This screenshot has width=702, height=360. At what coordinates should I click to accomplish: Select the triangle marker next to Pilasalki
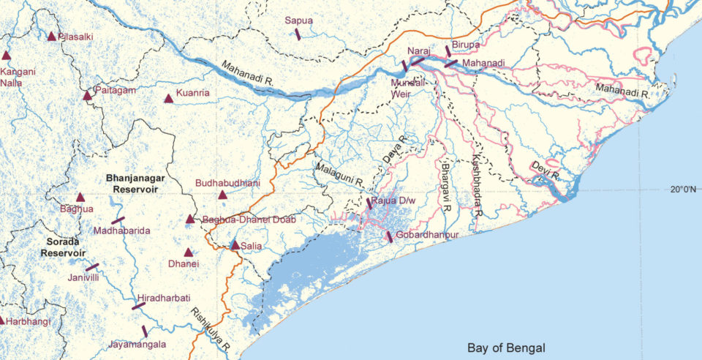pyautogui.click(x=51, y=36)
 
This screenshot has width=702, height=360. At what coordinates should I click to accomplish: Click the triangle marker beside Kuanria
pyautogui.click(x=169, y=98)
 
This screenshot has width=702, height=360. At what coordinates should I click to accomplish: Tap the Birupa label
pyautogui.click(x=465, y=45)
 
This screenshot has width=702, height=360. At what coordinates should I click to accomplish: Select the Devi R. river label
pyautogui.click(x=545, y=170)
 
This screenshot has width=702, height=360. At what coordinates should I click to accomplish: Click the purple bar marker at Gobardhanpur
pyautogui.click(x=389, y=237)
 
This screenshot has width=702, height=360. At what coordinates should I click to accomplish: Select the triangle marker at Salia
pyautogui.click(x=235, y=246)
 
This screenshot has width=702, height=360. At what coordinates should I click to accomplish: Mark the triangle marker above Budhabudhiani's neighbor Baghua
pyautogui.click(x=80, y=197)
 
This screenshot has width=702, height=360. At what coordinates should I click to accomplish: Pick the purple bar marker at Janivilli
pyautogui.click(x=92, y=267)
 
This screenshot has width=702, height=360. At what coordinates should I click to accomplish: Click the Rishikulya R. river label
pyautogui.click(x=210, y=329)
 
